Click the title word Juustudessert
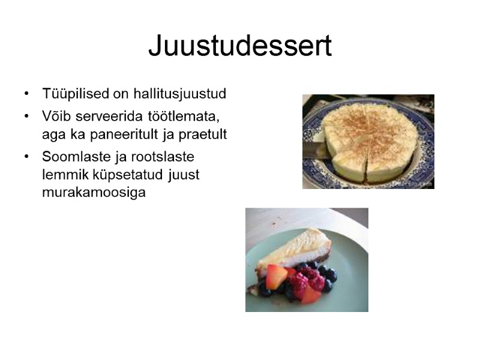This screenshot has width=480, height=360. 240,46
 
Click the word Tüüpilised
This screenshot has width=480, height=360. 76,94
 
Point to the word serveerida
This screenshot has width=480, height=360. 104,115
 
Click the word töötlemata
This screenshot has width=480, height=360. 177,115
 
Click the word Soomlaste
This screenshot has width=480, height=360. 74,156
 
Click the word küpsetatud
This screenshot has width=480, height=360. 125,175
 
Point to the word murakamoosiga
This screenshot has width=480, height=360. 94,194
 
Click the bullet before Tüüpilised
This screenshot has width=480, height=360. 26,94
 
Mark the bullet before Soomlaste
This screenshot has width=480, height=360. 26,156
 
